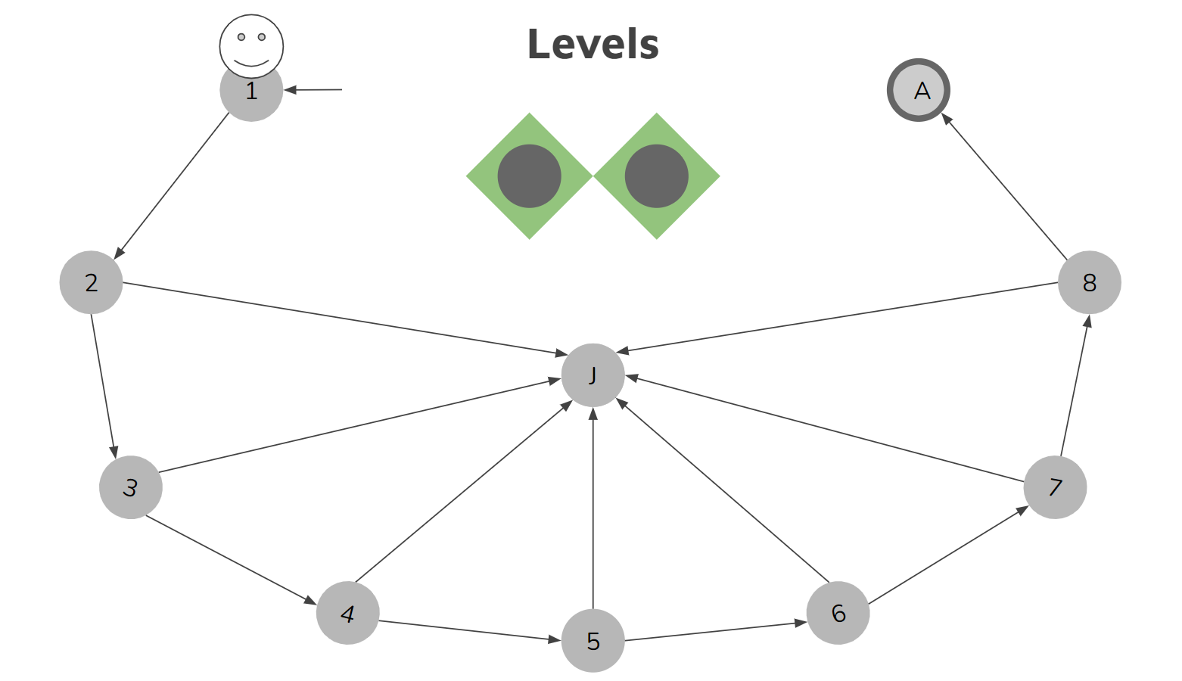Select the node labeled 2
[91, 282]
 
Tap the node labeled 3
[130, 487]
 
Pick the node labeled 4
[347, 613]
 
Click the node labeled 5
[593, 641]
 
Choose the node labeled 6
[838, 613]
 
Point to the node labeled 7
[1055, 487]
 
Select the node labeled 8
[1089, 282]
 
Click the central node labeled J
[593, 375]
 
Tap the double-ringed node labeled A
[919, 90]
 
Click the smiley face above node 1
[251, 44]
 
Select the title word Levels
[593, 44]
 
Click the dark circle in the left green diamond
[529, 176]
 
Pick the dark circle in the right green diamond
[656, 176]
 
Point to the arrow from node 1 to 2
[172, 186]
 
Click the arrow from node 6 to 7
[947, 555]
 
